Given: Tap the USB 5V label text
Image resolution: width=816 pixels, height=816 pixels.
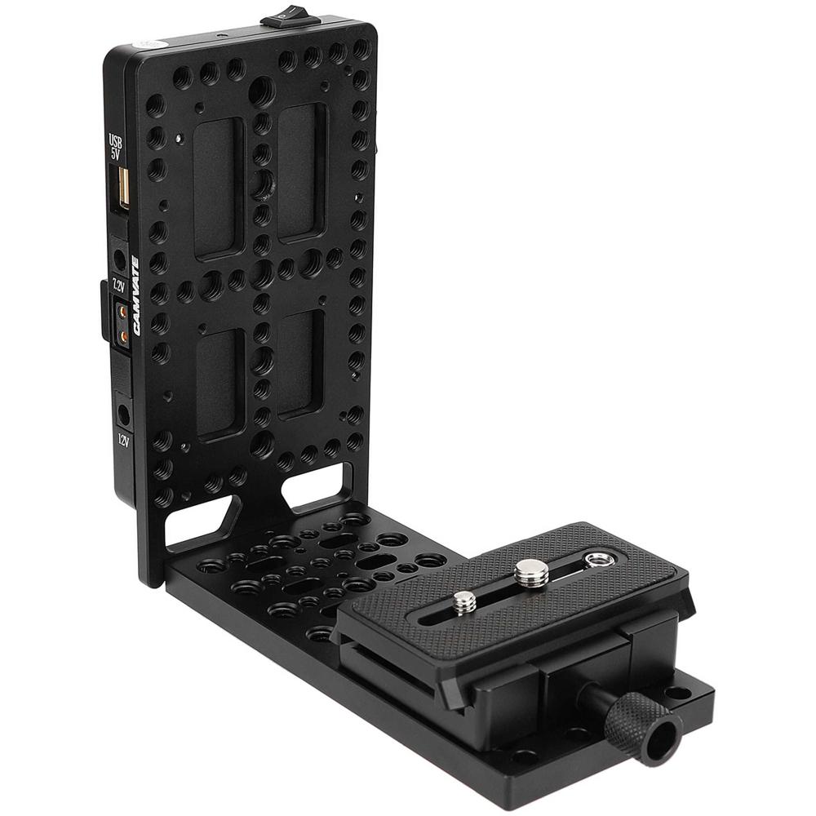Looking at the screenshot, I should pyautogui.click(x=115, y=149).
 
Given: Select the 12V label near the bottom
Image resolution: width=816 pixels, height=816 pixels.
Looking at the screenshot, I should pyautogui.click(x=123, y=441).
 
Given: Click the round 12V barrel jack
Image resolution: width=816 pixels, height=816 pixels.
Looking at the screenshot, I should pyautogui.click(x=124, y=415).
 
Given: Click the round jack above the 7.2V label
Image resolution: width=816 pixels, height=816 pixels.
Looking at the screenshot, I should pyautogui.click(x=121, y=261).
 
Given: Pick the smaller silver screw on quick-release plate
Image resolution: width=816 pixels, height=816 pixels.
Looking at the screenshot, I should pyautogui.click(x=464, y=602).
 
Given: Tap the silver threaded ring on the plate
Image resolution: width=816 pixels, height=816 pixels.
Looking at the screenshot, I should pyautogui.click(x=599, y=559).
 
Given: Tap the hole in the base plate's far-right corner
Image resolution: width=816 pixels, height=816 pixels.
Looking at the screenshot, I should pyautogui.click(x=676, y=693).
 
